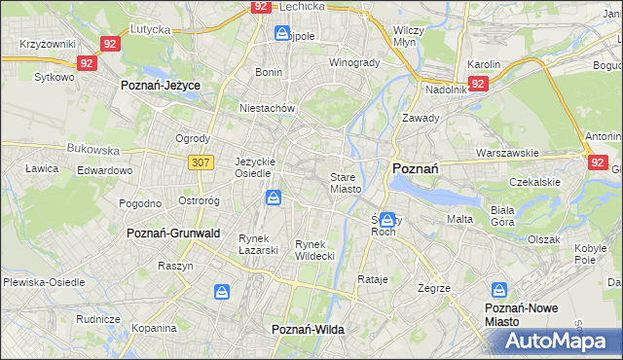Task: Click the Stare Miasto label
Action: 346,183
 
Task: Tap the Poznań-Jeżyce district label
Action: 161,86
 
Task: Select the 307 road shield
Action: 202,162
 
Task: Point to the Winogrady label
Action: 353,63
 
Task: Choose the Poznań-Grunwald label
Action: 173,234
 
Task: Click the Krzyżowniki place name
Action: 47,45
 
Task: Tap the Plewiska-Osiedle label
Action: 42,280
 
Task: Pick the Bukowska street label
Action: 92,151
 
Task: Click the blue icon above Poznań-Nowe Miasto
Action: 499,290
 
